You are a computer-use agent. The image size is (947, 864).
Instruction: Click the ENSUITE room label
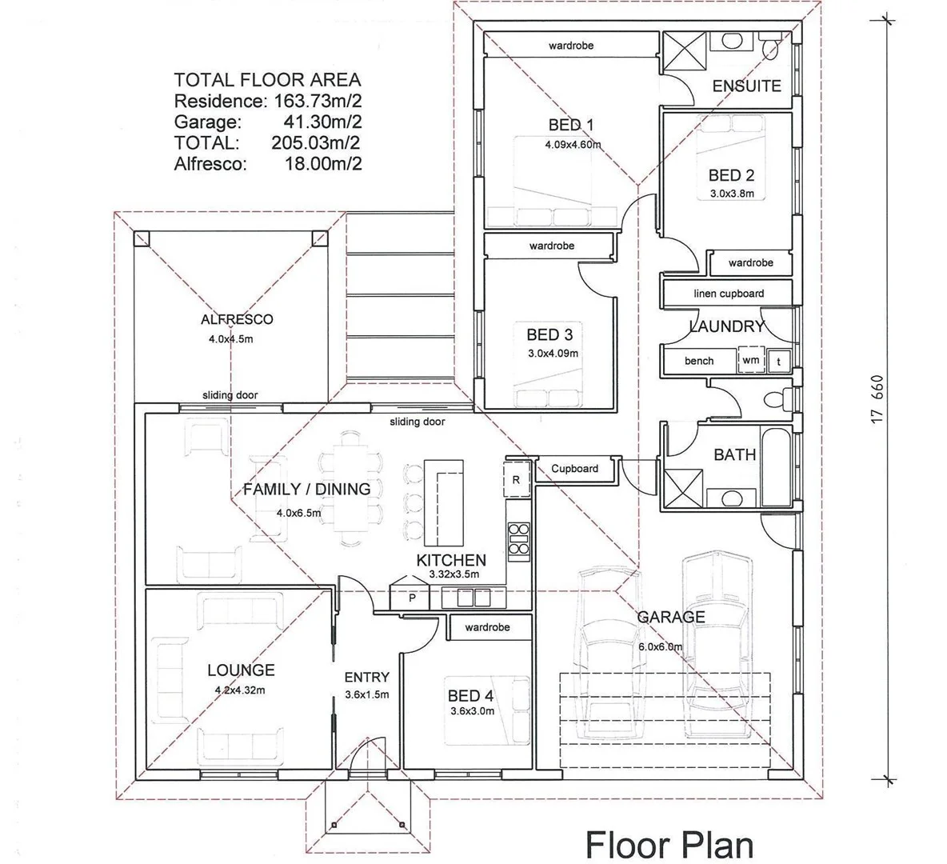pyautogui.click(x=746, y=86)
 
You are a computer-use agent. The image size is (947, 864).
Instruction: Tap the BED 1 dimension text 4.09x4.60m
pyautogui.click(x=573, y=145)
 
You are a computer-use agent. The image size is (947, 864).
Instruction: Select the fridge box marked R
pyautogui.click(x=516, y=480)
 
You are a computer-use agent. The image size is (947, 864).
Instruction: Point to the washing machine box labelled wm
pyautogui.click(x=750, y=360)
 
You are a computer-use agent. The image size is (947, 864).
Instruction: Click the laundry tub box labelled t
pyautogui.click(x=778, y=362)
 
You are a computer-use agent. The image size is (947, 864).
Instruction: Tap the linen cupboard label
pyautogui.click(x=728, y=294)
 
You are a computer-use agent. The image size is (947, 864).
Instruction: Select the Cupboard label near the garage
pyautogui.click(x=574, y=469)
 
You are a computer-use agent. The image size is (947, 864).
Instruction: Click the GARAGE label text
pyautogui.click(x=671, y=617)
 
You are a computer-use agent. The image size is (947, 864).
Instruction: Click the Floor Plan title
pyautogui.click(x=669, y=844)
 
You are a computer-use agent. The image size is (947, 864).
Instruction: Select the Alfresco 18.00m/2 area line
pyautogui.click(x=268, y=164)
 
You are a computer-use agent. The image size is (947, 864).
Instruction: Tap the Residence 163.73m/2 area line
pyautogui.click(x=268, y=101)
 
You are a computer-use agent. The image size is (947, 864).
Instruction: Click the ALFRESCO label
pyautogui.click(x=237, y=319)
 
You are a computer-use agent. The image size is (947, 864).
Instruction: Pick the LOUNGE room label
pyautogui.click(x=241, y=670)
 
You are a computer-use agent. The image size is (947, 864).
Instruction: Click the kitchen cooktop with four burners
pyautogui.click(x=518, y=538)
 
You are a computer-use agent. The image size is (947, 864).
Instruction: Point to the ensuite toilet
pyautogui.click(x=770, y=48)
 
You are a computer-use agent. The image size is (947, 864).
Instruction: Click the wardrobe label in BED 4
pyautogui.click(x=487, y=627)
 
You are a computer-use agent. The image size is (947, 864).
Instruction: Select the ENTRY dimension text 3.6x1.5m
pyautogui.click(x=366, y=694)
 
